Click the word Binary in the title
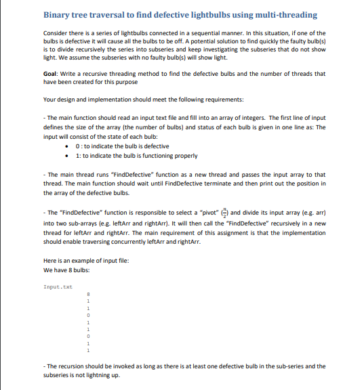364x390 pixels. (x=59, y=15)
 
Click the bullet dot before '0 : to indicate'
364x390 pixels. (x=64, y=146)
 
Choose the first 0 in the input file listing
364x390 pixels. (x=86, y=315)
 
